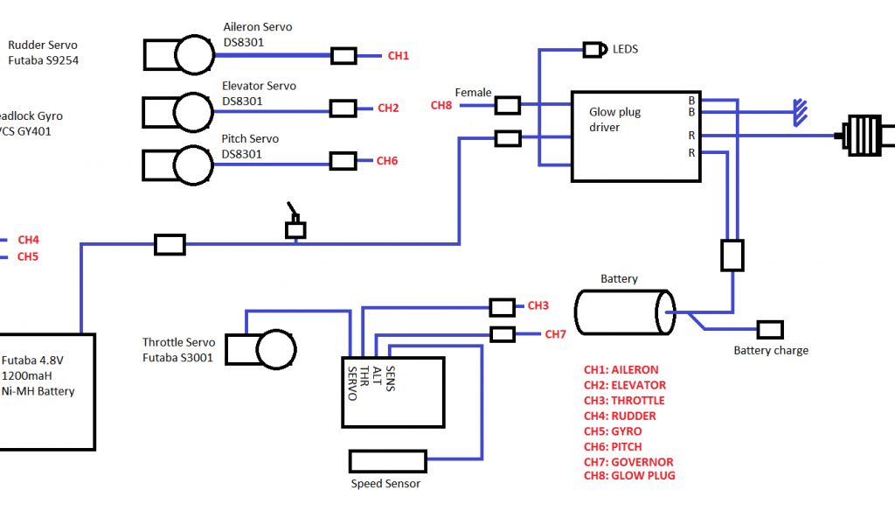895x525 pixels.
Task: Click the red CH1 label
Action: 398,56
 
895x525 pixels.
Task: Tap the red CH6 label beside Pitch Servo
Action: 387,161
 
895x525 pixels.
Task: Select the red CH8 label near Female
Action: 441,106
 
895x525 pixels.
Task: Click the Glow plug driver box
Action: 635,136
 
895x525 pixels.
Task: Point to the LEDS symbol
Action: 595,50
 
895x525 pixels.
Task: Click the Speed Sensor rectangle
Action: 387,461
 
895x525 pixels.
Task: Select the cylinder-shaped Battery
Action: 624,312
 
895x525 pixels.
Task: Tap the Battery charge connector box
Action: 770,330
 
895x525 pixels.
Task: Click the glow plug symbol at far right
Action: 865,136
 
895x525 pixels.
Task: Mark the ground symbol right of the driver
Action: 800,112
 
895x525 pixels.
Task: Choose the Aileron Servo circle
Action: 194,56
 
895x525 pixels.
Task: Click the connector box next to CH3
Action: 502,307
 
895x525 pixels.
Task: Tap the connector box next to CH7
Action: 503,334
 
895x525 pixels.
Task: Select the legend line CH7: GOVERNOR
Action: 628,462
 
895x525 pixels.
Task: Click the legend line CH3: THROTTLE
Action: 624,401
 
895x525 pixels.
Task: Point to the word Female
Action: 473,93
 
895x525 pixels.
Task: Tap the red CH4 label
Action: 28,240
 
